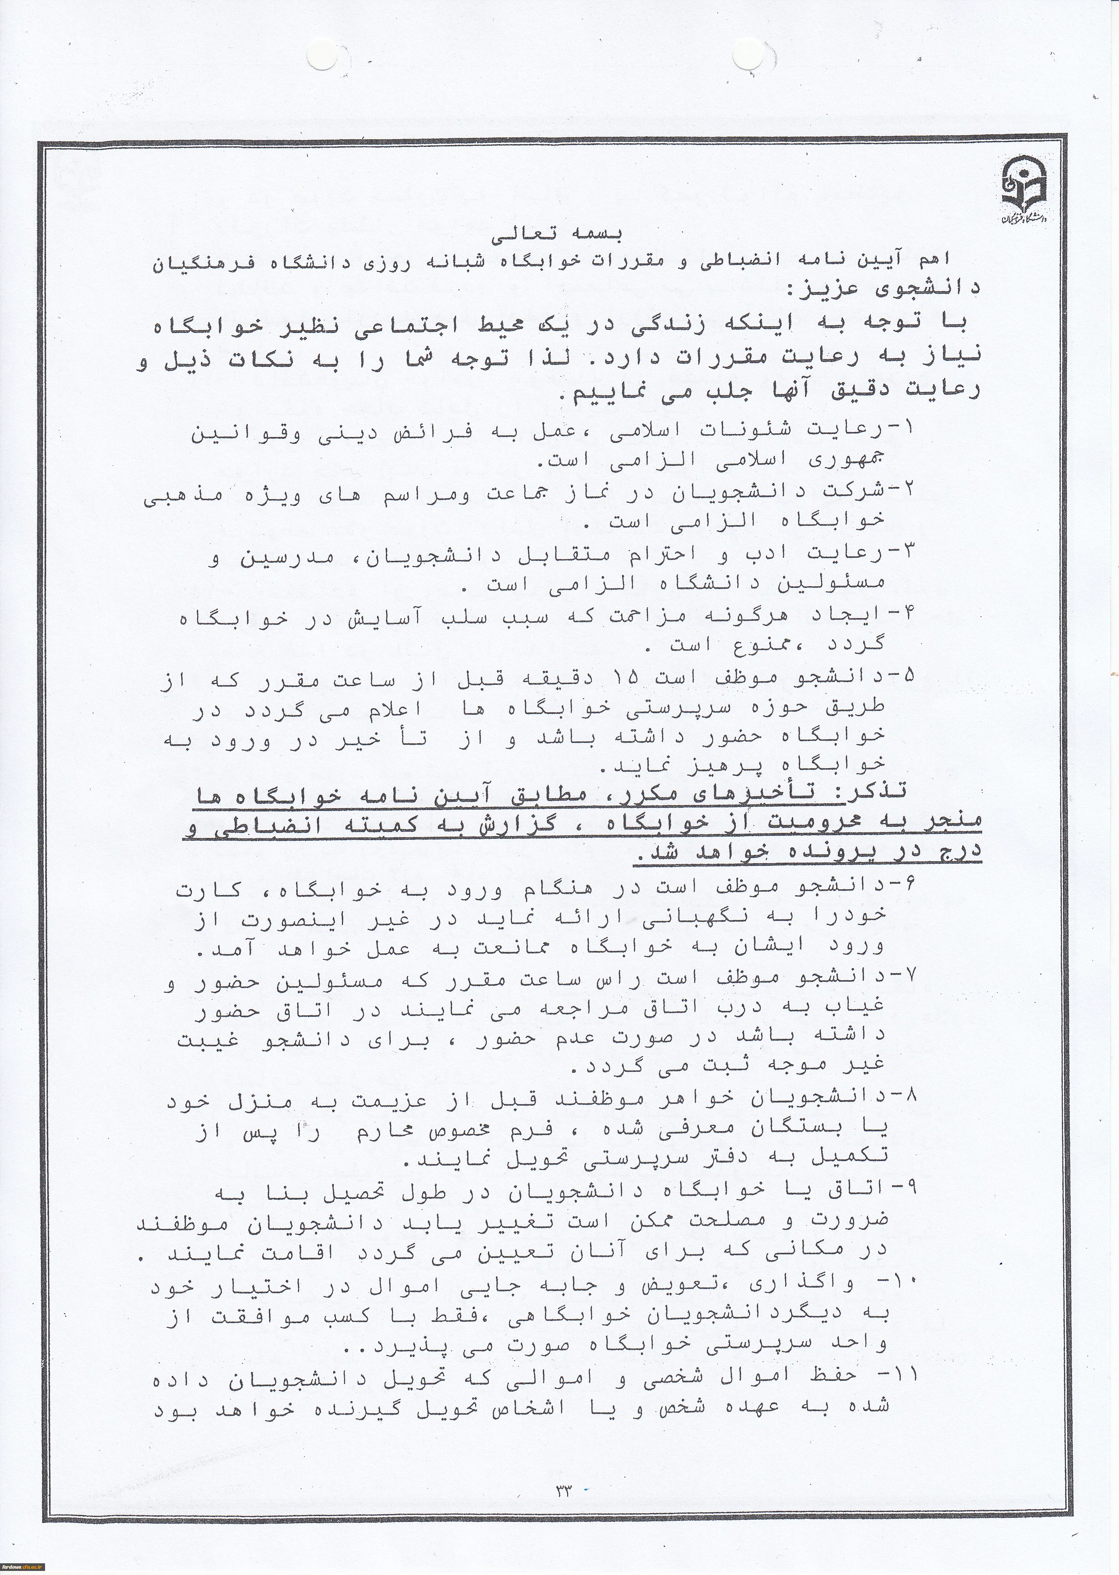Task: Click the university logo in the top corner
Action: [1026, 190]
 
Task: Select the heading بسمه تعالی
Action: [557, 235]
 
